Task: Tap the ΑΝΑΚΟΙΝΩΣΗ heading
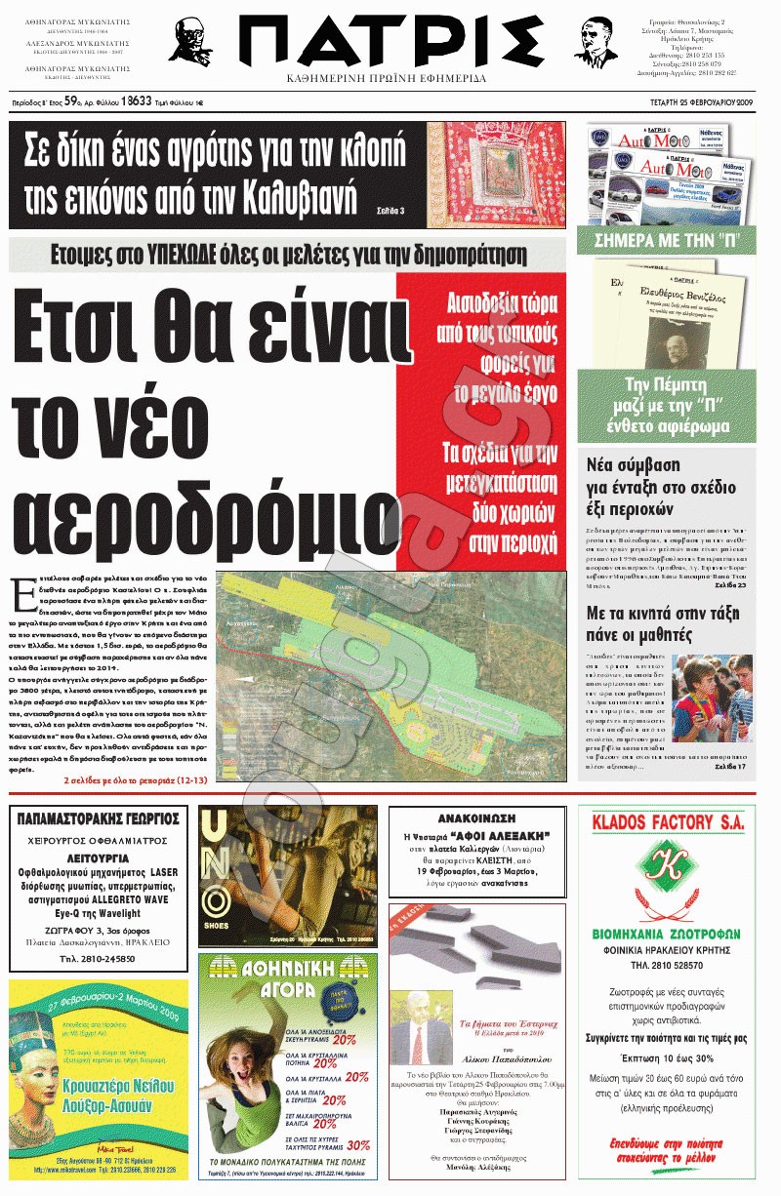[x=477, y=817]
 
